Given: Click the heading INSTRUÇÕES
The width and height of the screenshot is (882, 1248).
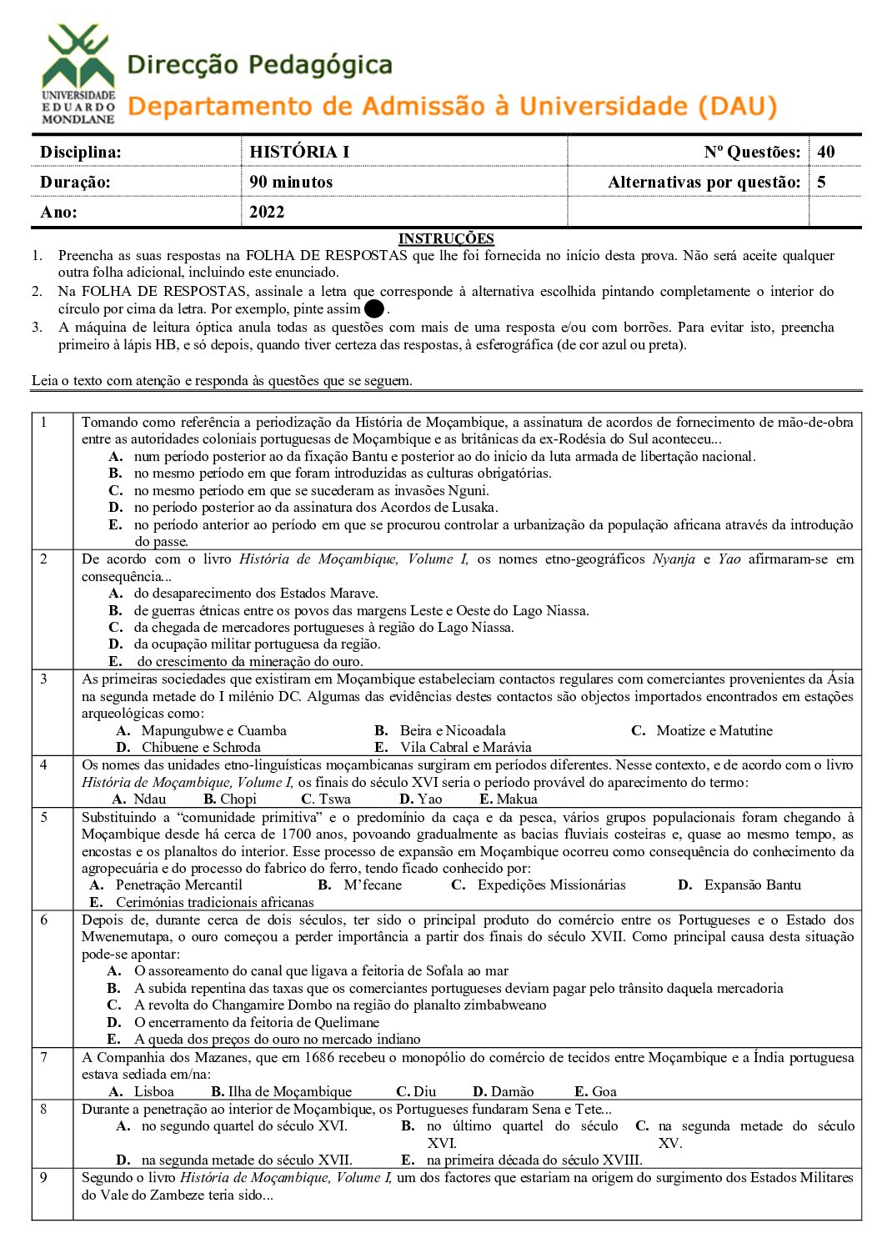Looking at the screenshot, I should (x=446, y=238).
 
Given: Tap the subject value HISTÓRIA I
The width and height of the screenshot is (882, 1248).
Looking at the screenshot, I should (x=299, y=152).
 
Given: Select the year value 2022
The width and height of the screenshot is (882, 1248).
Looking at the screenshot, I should (x=267, y=212).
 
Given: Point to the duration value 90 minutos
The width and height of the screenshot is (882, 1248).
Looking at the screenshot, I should (x=291, y=182).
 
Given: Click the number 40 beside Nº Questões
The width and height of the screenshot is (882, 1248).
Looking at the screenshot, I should (x=826, y=152).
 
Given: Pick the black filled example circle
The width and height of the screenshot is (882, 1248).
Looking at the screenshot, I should (x=374, y=309).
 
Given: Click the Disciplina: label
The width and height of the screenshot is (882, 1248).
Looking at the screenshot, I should (x=81, y=152).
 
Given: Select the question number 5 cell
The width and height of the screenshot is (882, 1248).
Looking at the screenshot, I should (x=44, y=817).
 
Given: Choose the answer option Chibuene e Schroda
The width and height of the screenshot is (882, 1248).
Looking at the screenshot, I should (x=201, y=748).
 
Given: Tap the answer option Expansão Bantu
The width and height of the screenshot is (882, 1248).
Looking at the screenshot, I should (x=752, y=885).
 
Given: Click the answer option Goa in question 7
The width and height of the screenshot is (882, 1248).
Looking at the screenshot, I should (x=604, y=1091).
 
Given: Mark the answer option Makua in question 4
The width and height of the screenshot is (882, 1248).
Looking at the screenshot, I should (x=517, y=799).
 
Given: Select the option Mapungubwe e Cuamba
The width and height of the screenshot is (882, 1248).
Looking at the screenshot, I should (x=213, y=730).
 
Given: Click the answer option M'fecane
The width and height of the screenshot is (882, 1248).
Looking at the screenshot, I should (x=373, y=885).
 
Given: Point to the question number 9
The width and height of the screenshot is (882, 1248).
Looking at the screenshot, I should (x=44, y=1177).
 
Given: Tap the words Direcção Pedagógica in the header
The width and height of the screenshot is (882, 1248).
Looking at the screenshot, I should (x=259, y=65).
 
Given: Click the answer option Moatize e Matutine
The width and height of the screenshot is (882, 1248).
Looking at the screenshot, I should (x=714, y=730).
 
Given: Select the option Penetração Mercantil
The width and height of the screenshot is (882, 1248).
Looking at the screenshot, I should (x=178, y=885).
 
